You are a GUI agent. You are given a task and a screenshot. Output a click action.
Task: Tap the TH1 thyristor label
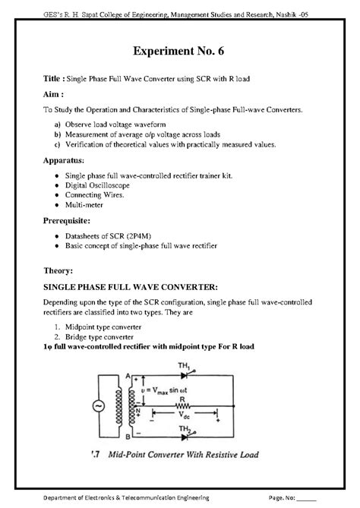tap(184, 365)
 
